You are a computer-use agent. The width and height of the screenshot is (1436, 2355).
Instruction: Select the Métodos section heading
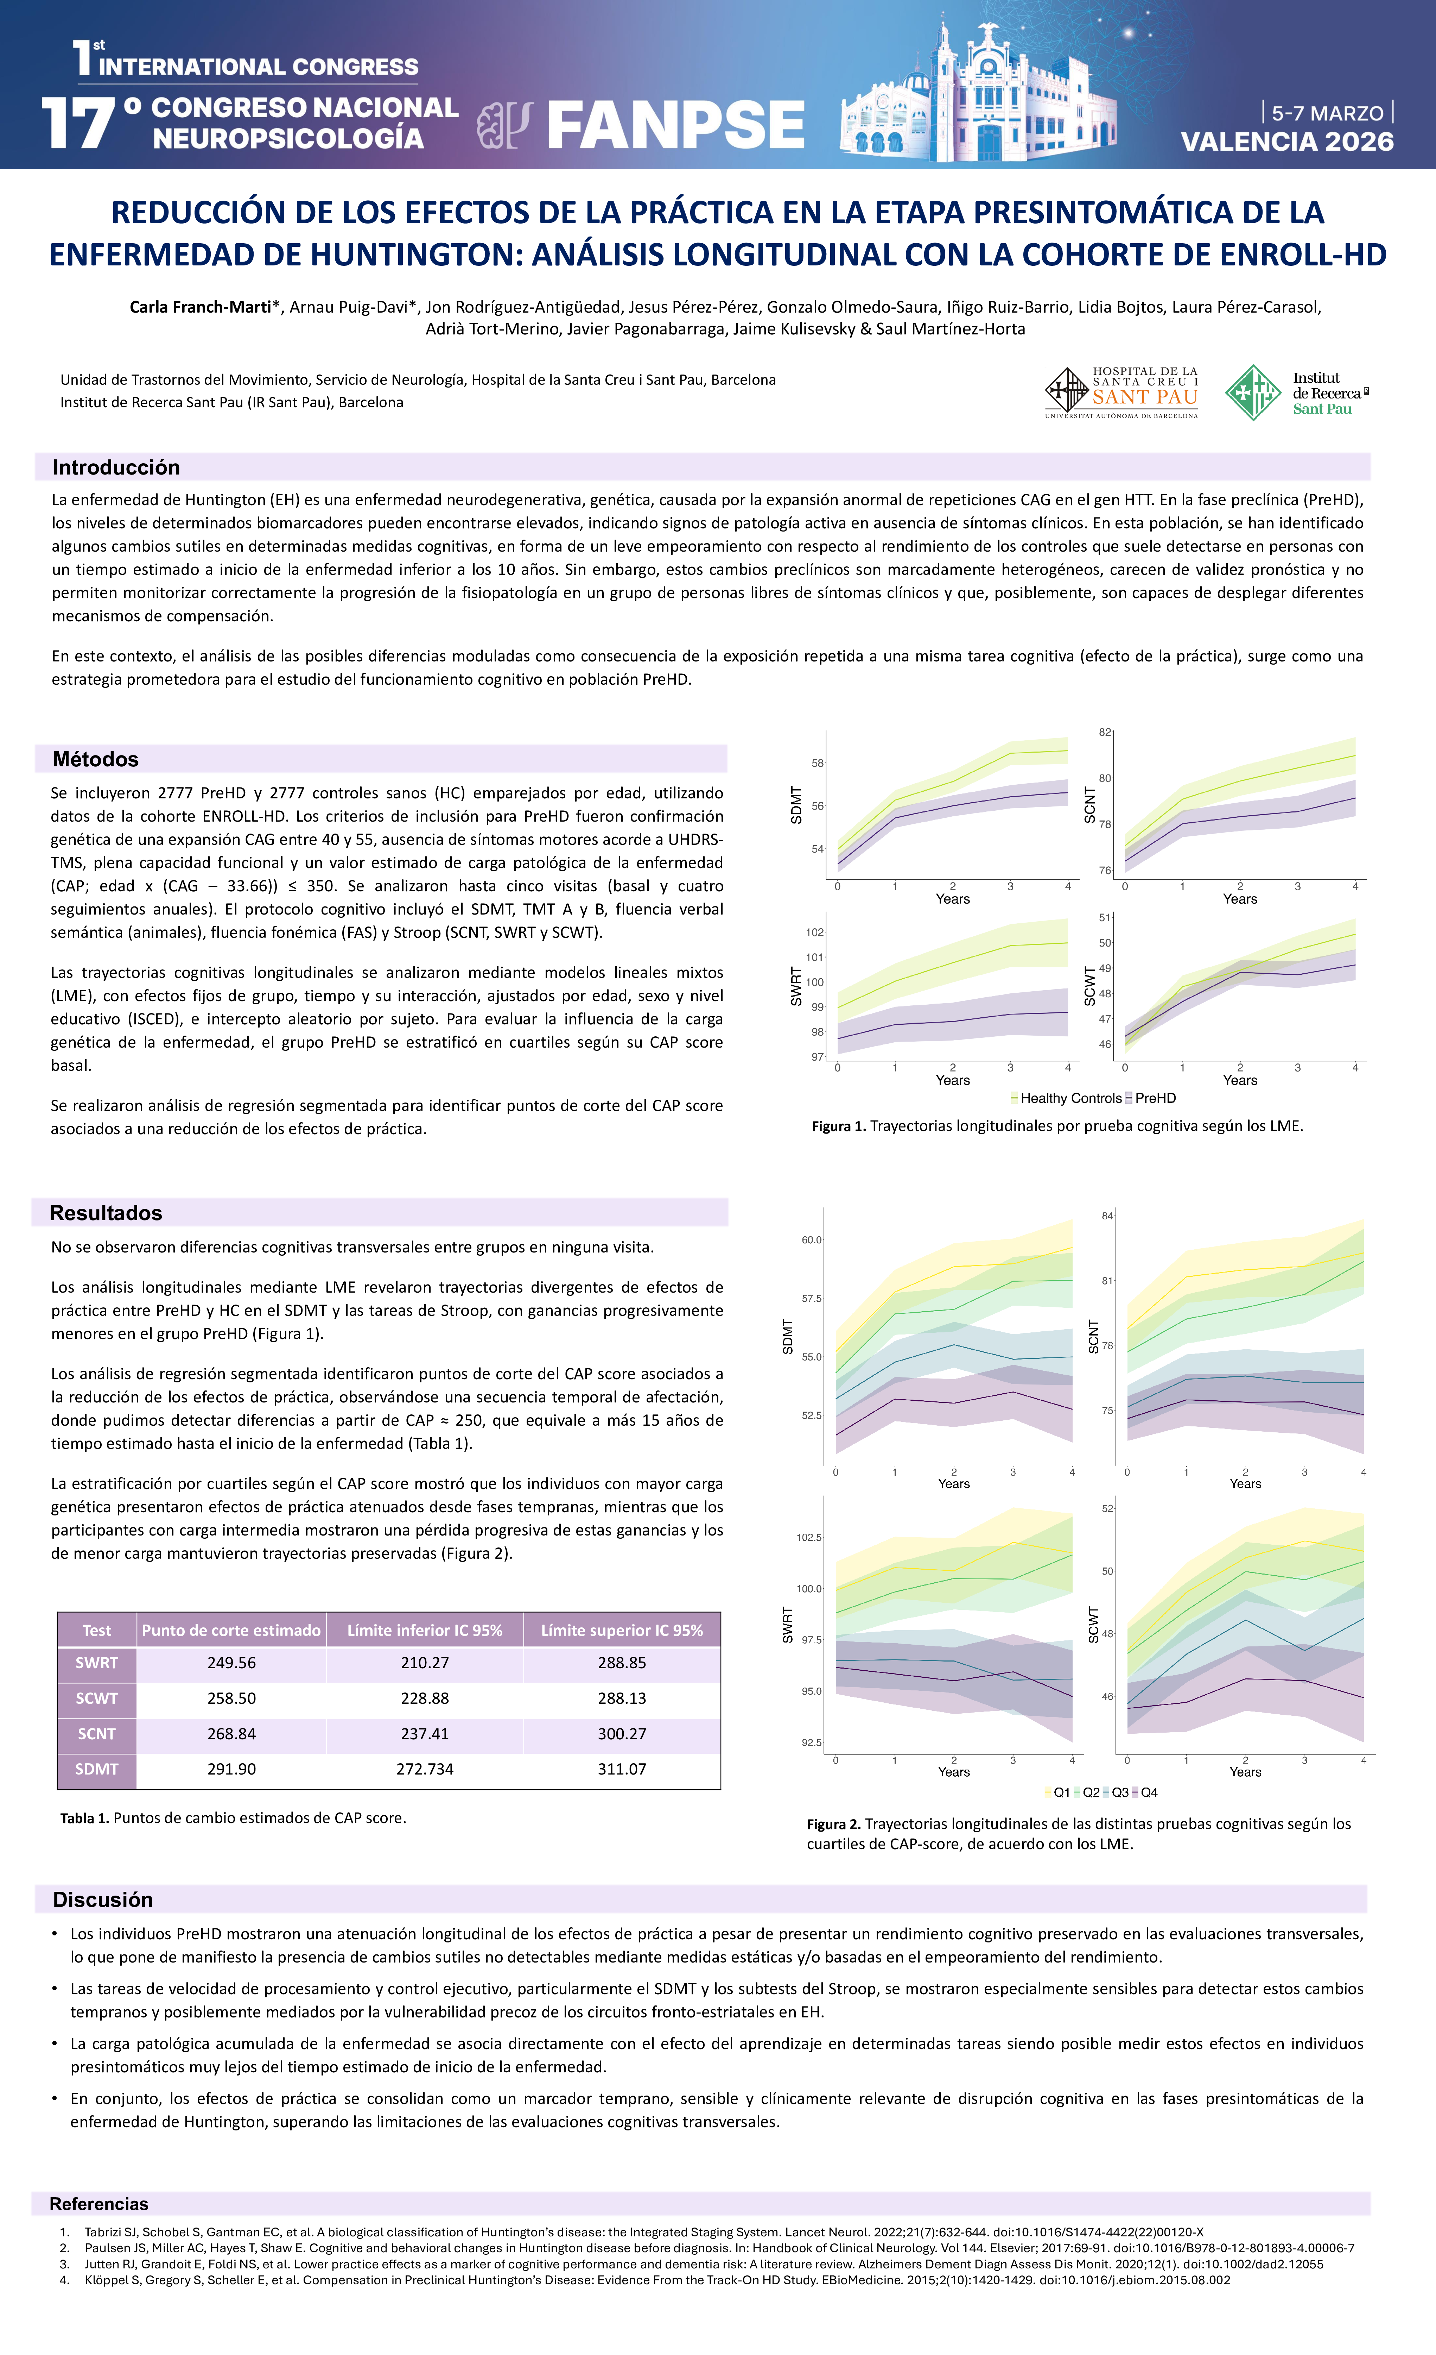(96, 759)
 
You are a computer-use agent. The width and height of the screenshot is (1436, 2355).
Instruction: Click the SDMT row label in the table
(96, 1769)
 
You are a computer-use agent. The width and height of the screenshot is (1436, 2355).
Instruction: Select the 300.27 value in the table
(622, 1734)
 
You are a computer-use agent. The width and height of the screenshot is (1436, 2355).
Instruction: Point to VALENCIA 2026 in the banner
(1287, 142)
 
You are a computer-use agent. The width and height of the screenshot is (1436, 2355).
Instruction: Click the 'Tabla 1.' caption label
(85, 1818)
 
